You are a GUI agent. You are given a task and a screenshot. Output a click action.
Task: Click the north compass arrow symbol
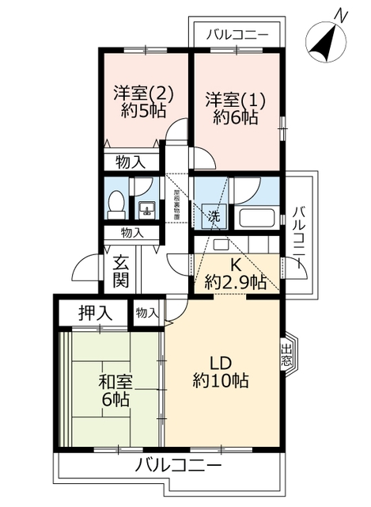pyautogui.click(x=322, y=44)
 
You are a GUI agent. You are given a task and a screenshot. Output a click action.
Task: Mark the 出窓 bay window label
pyautogui.click(x=286, y=354)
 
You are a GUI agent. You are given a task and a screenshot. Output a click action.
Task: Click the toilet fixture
pyautogui.click(x=115, y=204)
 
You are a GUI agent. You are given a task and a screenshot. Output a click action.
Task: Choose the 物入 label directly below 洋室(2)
pyautogui.click(x=131, y=162)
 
